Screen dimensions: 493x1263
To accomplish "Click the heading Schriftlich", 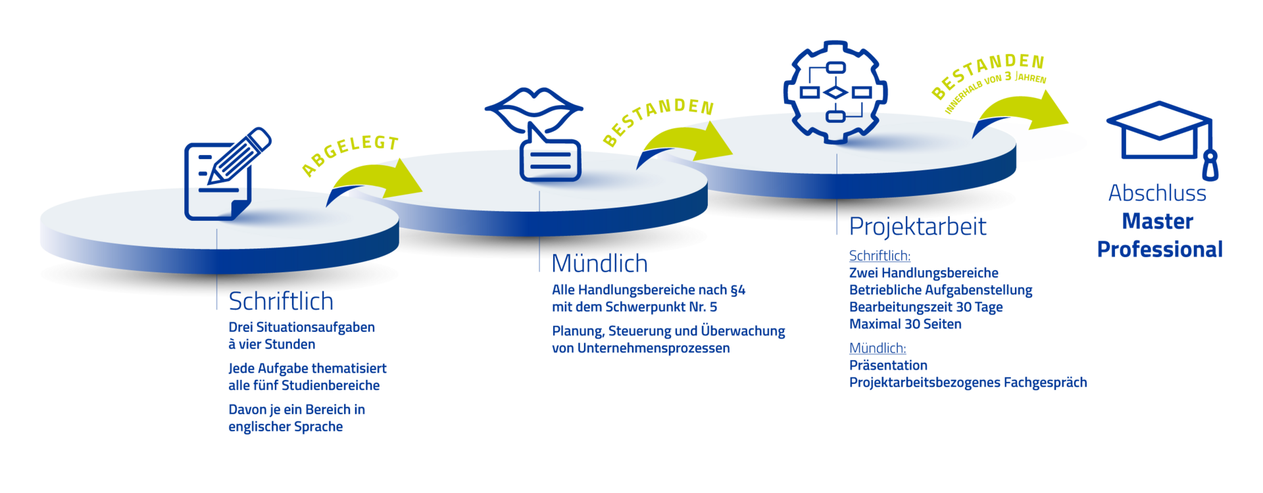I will pyautogui.click(x=281, y=302).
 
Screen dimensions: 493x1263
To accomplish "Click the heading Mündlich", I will pyautogui.click(x=599, y=264).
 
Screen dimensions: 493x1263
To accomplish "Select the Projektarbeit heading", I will pyautogui.click(x=918, y=227).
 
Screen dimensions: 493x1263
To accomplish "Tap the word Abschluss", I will pyautogui.click(x=1157, y=193).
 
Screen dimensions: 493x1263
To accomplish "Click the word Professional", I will pyautogui.click(x=1159, y=249).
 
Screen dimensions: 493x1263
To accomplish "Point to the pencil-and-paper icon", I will pyautogui.click(x=224, y=174).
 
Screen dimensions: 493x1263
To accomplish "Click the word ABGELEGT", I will pyautogui.click(x=351, y=155).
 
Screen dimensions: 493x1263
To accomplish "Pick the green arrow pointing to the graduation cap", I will pyautogui.click(x=1023, y=112).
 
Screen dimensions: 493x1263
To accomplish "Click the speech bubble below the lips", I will pyautogui.click(x=550, y=158).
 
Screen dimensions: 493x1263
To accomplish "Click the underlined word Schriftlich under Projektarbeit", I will pyautogui.click(x=879, y=255).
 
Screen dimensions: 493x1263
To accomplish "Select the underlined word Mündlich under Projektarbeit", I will pyautogui.click(x=877, y=348).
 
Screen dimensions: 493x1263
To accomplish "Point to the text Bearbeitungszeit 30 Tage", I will pyautogui.click(x=926, y=307).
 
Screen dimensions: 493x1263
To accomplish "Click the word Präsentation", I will pyautogui.click(x=888, y=365).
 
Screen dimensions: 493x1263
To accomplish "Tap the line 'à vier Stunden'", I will pyautogui.click(x=272, y=344).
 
